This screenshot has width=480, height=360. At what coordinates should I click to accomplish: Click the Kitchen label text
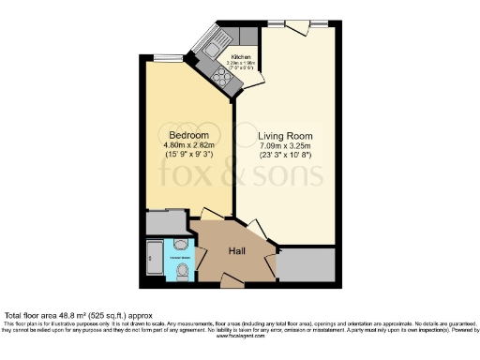point(242,57)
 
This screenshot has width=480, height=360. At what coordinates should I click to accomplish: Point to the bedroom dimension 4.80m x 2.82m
point(188,146)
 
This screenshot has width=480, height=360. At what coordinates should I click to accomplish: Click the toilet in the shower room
point(183,272)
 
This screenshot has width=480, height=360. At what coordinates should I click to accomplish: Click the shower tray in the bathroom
point(155,262)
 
